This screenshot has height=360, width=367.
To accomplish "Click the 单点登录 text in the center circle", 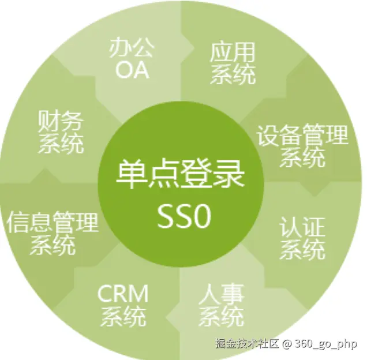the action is point(180,174).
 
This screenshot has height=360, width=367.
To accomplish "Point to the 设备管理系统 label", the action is point(302,145).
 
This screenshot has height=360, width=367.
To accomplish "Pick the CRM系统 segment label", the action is point(123,304).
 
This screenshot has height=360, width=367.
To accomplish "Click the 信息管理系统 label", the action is point(53,233).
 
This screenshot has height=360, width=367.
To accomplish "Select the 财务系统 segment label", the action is point(61,132).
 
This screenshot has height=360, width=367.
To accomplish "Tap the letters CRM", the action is point(123,293).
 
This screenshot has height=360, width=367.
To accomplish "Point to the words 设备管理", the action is point(302,135).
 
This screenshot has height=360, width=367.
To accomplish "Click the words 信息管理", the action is point(53,222).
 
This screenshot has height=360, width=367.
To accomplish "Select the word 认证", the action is point(302,227).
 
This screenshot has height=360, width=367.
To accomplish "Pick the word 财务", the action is point(61,122).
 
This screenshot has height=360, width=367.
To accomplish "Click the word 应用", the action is point(232,52).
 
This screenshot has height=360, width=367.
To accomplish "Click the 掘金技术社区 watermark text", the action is point(246,344).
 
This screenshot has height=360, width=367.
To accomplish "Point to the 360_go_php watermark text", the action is point(325,344).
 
